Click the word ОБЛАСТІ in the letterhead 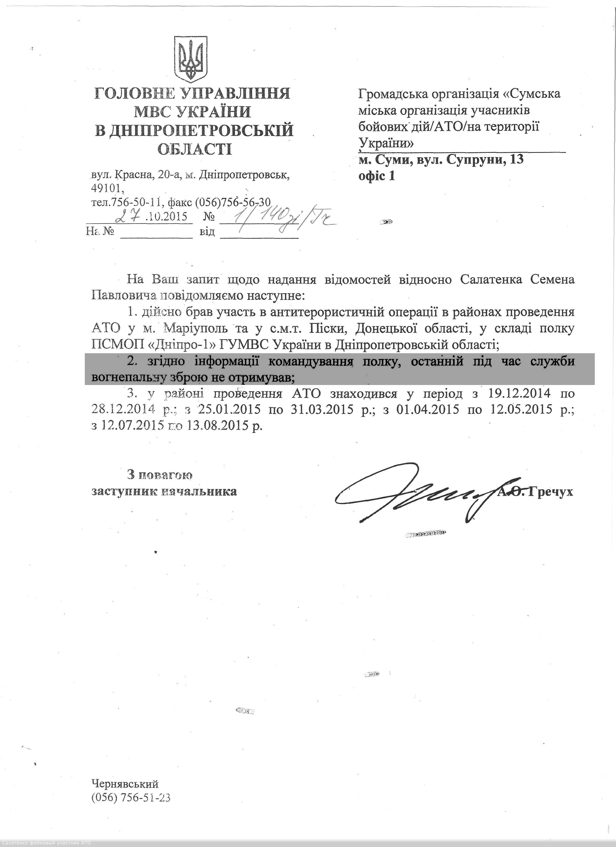(194, 149)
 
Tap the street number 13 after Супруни (516, 160)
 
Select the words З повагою (160, 475)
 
